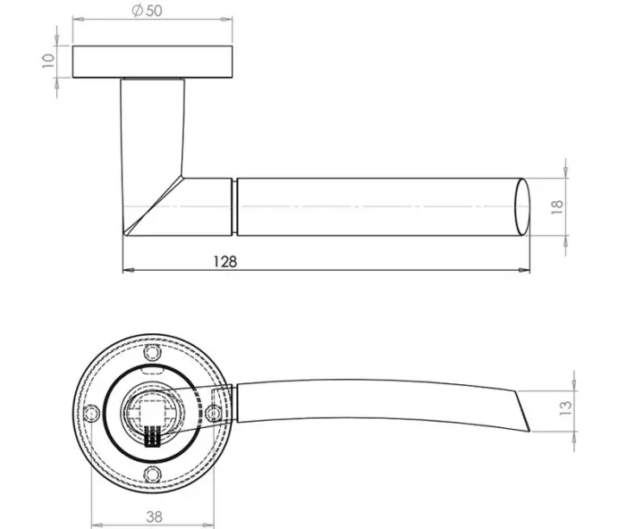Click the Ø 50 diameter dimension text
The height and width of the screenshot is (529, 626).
tap(146, 10)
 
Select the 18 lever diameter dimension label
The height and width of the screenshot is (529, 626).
tap(556, 206)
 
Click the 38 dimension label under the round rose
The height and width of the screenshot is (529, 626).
tap(154, 516)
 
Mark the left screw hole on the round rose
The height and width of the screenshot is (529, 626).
tap(91, 413)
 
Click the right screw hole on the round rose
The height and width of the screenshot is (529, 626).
tap(214, 413)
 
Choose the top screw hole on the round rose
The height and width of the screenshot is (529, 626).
tap(153, 354)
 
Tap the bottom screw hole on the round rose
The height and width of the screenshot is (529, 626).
tap(153, 474)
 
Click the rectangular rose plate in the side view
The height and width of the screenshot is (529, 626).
tap(154, 61)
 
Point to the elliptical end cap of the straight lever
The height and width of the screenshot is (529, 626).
tap(520, 206)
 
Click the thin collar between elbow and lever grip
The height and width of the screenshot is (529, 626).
tap(235, 206)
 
